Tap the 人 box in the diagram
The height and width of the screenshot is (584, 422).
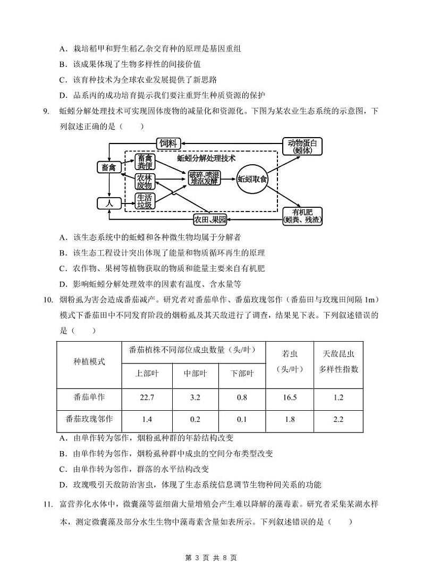click(109, 203)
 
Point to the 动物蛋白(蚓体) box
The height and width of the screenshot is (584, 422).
click(301, 146)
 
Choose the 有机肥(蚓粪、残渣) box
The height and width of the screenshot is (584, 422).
click(302, 215)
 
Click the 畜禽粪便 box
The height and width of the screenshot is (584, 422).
click(145, 161)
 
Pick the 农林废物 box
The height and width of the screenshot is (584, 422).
click(145, 181)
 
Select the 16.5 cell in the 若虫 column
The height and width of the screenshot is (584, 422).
click(290, 397)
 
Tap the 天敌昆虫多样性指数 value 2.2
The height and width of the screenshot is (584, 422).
click(339, 419)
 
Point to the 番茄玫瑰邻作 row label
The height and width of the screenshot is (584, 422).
click(89, 419)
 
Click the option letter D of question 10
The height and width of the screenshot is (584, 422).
click(62, 484)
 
